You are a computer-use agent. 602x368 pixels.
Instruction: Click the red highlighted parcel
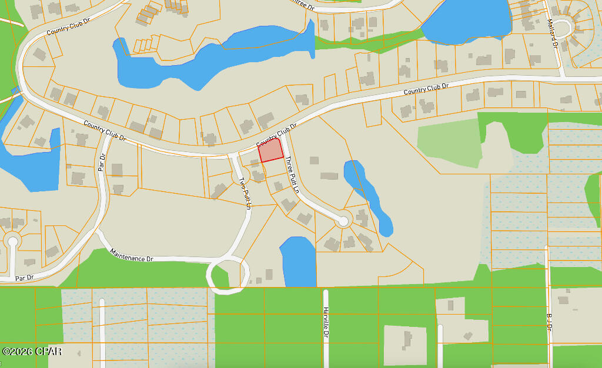[271, 150]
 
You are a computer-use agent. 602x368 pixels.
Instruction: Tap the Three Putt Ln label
[292, 175]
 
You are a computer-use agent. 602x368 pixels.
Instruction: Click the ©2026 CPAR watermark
[32, 352]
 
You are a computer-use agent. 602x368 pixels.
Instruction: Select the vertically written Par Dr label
[101, 163]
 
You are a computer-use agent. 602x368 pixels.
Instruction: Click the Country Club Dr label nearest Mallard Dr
[426, 90]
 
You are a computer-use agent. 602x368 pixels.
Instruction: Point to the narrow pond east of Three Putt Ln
[369, 197]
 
